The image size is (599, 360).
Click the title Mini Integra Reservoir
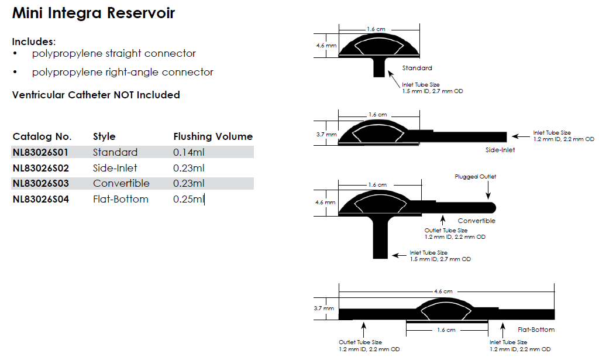coord(94,13)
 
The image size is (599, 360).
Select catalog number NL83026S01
coord(40,152)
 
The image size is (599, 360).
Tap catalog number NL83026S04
coord(40,199)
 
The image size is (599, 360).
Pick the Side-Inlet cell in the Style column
coord(115,168)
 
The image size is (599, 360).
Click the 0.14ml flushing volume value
coord(189,152)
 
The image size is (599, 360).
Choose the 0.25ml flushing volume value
coord(189,199)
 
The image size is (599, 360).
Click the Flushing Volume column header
coord(213,136)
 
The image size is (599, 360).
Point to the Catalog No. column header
coord(42,136)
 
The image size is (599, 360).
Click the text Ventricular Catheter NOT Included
coord(96,95)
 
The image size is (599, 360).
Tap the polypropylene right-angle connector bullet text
coord(123,72)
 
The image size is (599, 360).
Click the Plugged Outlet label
coord(475,177)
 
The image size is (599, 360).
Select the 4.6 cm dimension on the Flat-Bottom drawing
coord(443,291)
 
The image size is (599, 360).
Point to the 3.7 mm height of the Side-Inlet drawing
coord(326,134)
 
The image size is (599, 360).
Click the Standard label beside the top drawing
coord(417,68)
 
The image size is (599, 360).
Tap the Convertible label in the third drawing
coord(476,221)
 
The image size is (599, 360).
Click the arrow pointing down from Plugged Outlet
coord(488,190)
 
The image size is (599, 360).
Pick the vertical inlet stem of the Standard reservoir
coord(379,67)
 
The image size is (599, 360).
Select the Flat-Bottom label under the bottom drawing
coord(536,330)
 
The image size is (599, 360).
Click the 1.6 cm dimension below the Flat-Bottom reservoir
coord(446,330)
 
